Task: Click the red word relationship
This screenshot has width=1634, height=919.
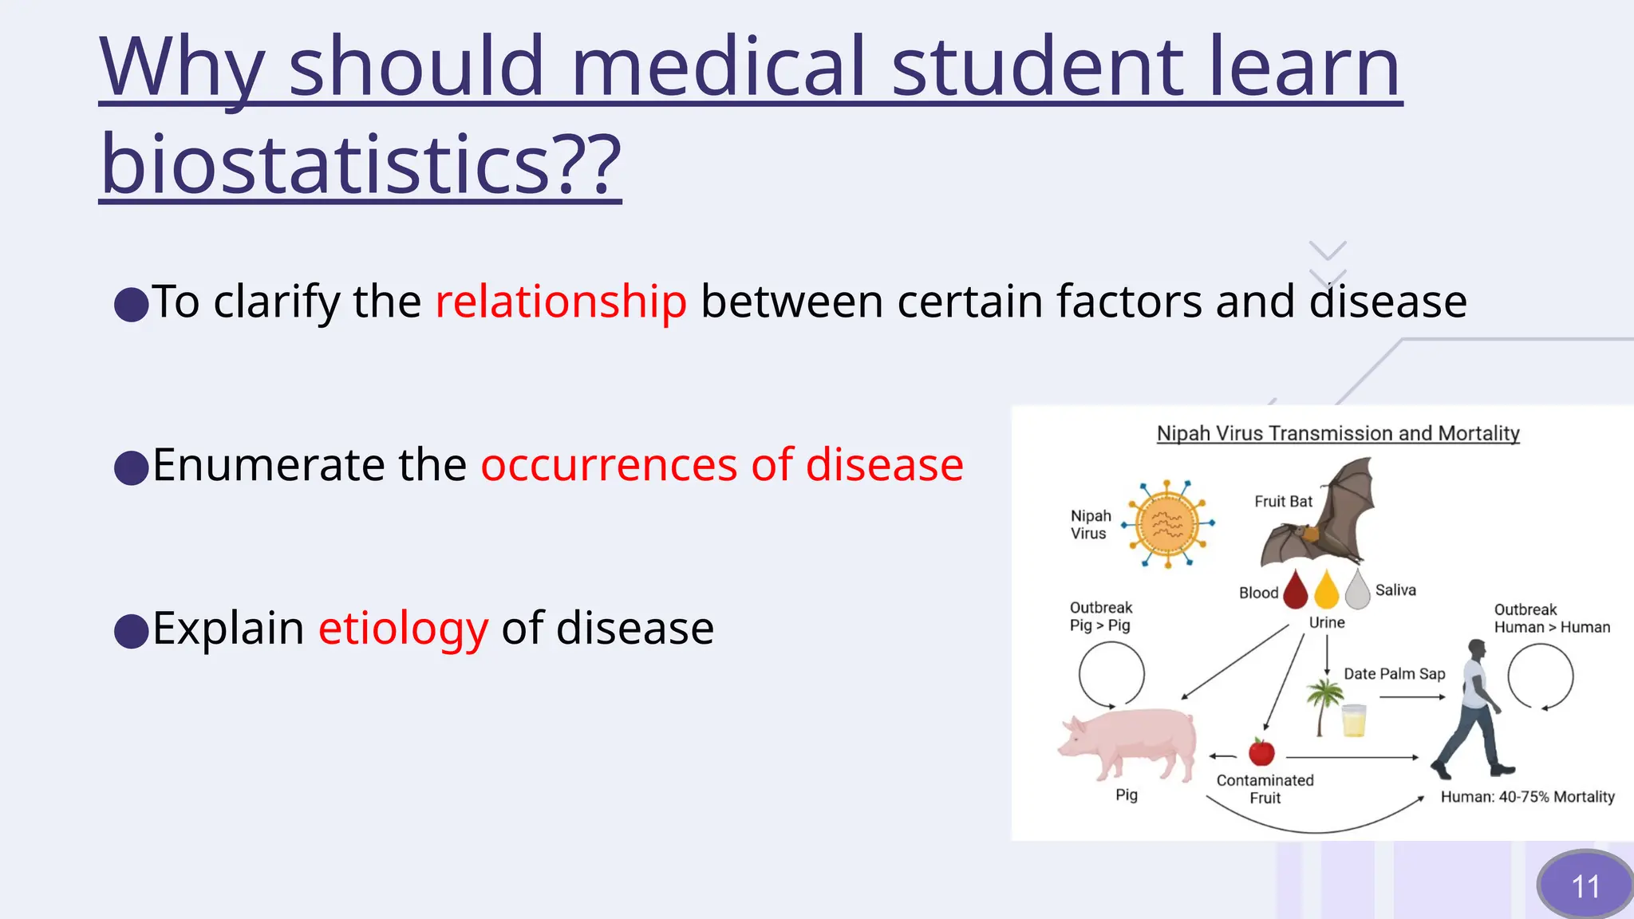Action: click(x=560, y=302)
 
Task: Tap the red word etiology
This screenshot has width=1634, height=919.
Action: click(x=403, y=628)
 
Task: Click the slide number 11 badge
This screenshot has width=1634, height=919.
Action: click(x=1585, y=885)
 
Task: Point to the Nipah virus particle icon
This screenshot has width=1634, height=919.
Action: click(x=1167, y=524)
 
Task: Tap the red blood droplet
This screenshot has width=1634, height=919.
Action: click(x=1296, y=590)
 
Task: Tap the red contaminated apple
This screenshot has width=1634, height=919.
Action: click(x=1261, y=751)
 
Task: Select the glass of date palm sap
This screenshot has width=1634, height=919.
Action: click(x=1354, y=720)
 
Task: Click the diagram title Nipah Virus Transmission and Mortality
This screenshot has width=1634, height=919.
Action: click(x=1338, y=433)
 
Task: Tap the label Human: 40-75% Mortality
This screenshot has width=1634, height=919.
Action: click(x=1527, y=797)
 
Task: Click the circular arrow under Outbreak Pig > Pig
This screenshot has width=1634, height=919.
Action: click(x=1111, y=675)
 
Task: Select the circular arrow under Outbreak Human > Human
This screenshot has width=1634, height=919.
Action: click(x=1540, y=676)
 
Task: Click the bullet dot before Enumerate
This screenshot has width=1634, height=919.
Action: click(x=132, y=467)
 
